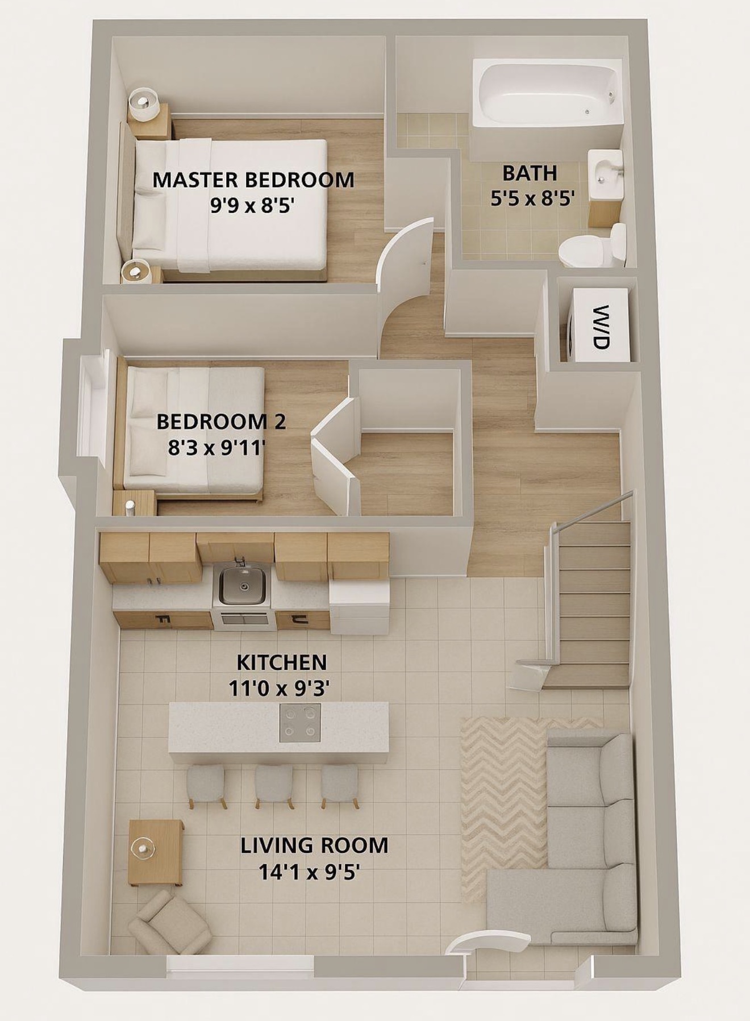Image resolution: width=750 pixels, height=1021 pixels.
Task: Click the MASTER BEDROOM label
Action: (x=254, y=180)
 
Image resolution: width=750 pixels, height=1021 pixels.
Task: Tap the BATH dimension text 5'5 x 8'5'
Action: (x=531, y=199)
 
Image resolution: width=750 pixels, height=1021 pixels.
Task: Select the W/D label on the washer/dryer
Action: (x=600, y=327)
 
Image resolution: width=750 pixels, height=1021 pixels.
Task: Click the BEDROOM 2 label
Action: (x=221, y=422)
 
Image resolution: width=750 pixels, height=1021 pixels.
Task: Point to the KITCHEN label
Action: (x=282, y=662)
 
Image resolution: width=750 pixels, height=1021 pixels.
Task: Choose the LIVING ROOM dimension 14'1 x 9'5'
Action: (x=310, y=872)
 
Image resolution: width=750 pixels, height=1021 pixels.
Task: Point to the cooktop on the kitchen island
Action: (x=300, y=722)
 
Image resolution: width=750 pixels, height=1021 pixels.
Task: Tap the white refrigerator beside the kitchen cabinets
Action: (x=360, y=606)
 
